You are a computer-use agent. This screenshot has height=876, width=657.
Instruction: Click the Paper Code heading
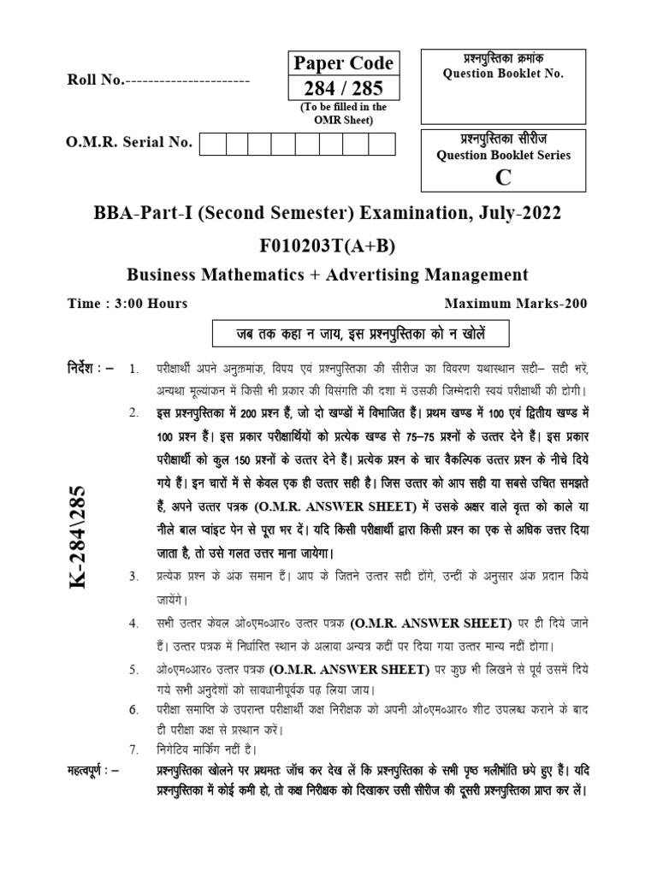click(343, 63)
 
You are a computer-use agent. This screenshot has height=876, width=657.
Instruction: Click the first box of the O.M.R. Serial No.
click(212, 144)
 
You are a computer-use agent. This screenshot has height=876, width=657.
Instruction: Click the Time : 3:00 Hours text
click(127, 303)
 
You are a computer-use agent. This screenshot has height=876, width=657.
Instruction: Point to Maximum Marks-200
click(517, 303)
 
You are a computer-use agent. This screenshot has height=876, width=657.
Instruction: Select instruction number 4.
click(133, 622)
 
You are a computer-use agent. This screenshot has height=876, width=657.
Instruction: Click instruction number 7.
click(133, 749)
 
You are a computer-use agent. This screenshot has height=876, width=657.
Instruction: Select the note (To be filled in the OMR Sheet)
click(343, 113)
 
